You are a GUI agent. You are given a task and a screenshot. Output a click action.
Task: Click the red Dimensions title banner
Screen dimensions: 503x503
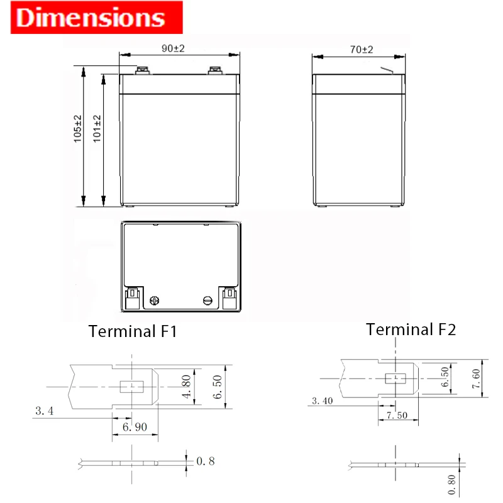pos(97,18)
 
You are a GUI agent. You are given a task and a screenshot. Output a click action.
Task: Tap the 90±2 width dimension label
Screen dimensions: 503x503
pos(174,48)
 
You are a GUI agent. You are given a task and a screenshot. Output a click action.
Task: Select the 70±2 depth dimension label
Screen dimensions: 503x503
pos(362,50)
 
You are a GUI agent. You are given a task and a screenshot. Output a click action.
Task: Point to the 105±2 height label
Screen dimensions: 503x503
pos(77,129)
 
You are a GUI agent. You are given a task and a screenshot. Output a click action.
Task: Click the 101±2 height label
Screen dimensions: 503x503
pos(97,129)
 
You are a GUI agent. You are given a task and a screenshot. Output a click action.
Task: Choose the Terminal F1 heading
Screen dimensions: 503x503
pos(133,331)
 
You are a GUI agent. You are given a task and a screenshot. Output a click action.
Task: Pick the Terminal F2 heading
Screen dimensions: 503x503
pos(411,329)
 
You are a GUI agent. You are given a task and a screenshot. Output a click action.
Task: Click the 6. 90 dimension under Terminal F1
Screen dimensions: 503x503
pos(135,427)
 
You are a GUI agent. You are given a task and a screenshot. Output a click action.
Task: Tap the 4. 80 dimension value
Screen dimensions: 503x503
pos(186,387)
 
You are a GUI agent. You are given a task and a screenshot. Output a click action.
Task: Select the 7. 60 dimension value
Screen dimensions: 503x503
pos(476,379)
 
